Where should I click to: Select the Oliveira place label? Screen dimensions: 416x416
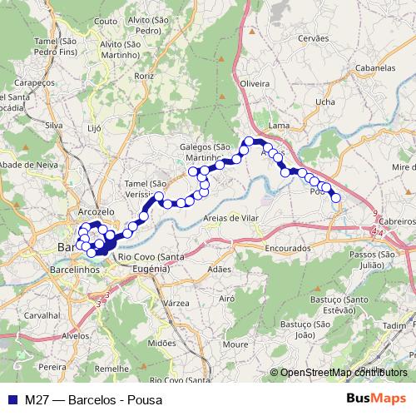[x=255, y=84]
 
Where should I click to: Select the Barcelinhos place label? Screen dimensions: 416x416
[x=75, y=270]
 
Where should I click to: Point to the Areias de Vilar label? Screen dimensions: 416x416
[x=231, y=218]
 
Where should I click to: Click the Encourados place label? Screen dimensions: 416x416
[x=289, y=248]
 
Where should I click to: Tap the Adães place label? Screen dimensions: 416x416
[x=219, y=270]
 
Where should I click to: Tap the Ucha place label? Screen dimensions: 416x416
[x=325, y=102]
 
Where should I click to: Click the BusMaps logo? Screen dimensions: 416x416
[x=382, y=399]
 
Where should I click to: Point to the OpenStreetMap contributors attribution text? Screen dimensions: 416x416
[x=343, y=373]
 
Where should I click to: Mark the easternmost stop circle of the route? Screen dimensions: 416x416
[x=335, y=197]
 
